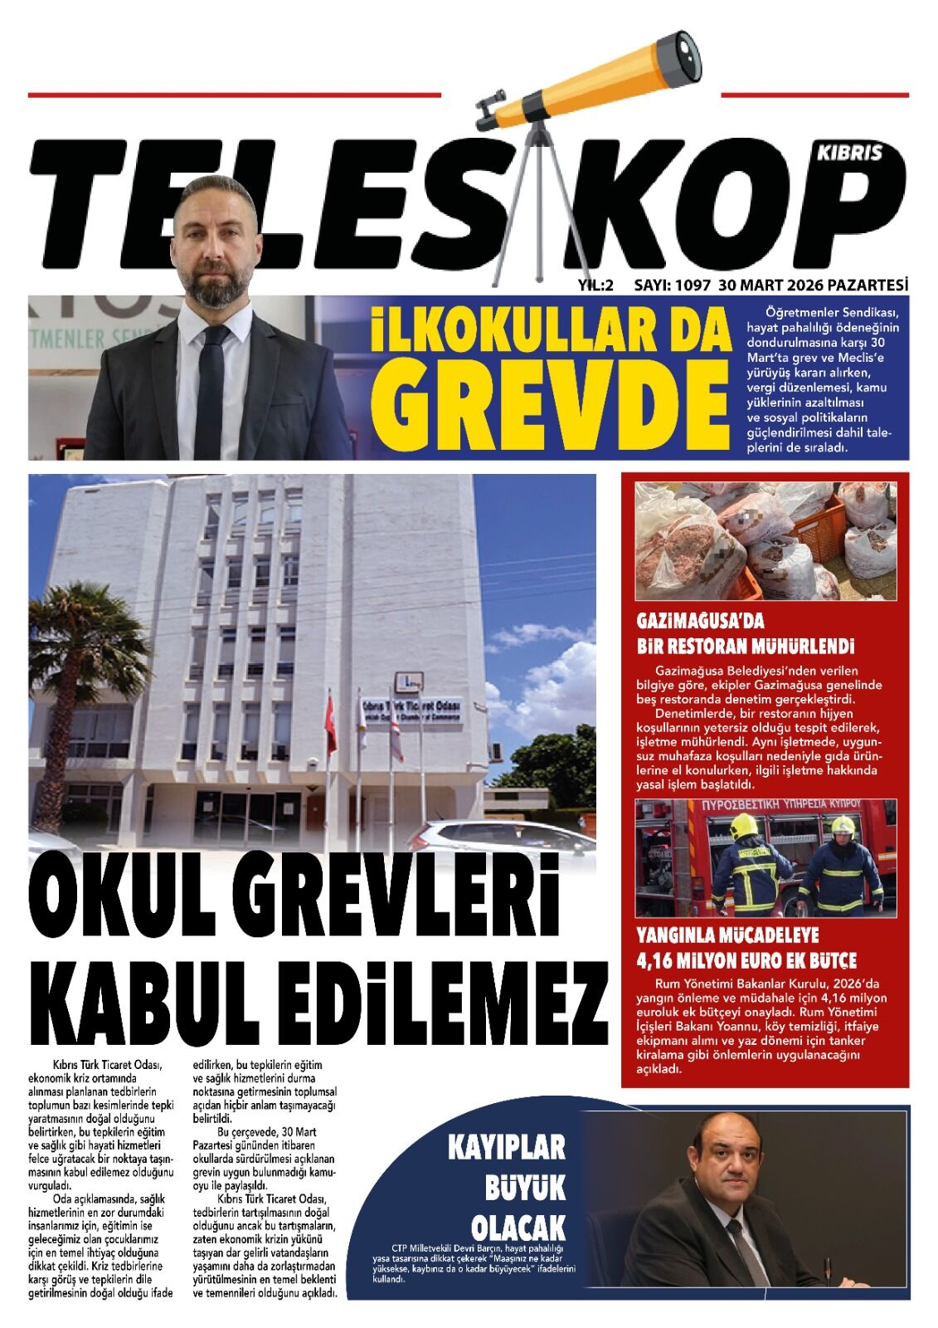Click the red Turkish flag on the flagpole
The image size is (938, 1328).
click(332, 721)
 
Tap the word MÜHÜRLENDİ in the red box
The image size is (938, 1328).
click(792, 646)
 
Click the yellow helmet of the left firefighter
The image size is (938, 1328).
click(743, 825)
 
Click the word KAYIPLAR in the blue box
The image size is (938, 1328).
click(506, 1147)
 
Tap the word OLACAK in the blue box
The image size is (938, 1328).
click(518, 1227)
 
